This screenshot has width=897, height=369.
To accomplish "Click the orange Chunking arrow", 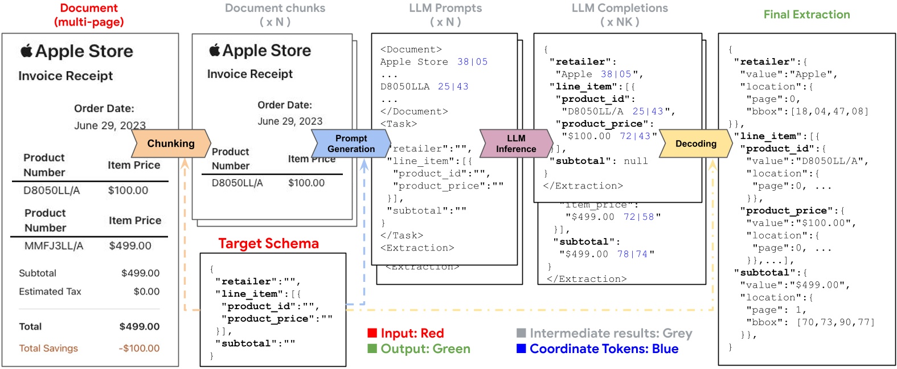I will tap(171, 143).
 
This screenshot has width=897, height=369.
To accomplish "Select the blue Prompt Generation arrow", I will tap(351, 143).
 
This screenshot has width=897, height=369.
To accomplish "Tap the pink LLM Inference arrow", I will tap(516, 143).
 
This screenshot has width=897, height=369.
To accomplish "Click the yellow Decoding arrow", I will tap(695, 143).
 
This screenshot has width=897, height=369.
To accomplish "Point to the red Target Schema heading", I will tap(268, 244).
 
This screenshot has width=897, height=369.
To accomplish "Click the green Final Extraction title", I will tap(806, 15).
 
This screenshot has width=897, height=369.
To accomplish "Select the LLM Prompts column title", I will tap(445, 9).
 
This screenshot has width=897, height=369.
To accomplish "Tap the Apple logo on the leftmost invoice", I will tap(27, 51).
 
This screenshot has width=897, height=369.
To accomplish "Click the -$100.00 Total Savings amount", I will tap(139, 348).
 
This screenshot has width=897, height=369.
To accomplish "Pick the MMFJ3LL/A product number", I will tap(54, 246).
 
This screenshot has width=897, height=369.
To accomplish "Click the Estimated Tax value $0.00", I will tap(146, 292).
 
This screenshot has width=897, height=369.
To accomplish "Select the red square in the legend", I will tap(372, 333).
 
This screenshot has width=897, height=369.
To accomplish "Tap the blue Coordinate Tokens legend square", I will tap(521, 348).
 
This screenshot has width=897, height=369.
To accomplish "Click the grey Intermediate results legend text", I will tap(611, 333).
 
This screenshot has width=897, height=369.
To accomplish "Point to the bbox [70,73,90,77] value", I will tap(835, 322).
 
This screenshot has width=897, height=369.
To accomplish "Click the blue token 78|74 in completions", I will tap(632, 254).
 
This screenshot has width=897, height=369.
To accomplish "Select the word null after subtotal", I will tap(636, 161).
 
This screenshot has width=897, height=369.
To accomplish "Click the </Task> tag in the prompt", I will tap(402, 235).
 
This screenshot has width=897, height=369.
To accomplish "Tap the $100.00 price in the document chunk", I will tap(306, 183).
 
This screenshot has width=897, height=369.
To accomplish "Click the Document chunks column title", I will tap(275, 9).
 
